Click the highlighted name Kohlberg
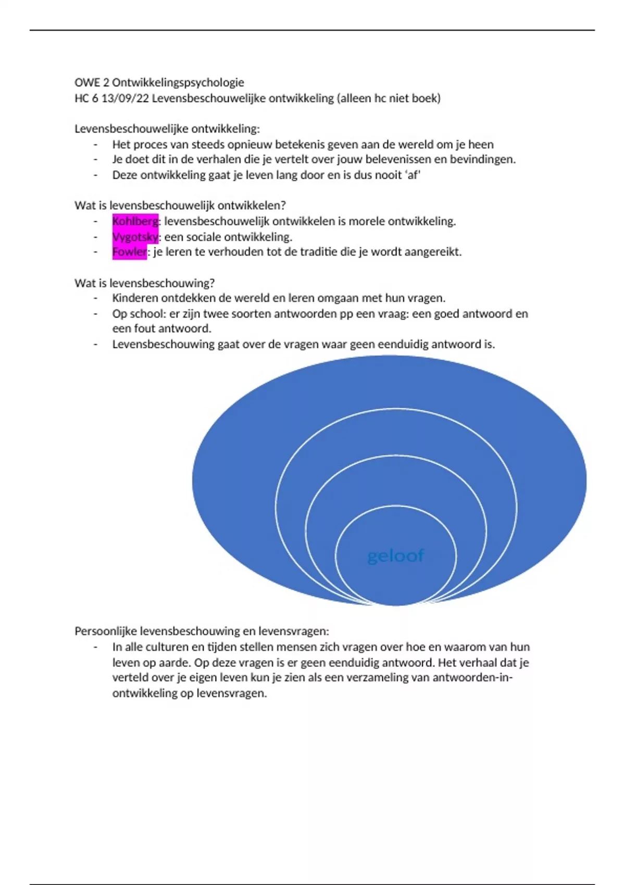click(135, 221)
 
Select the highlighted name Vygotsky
click(135, 237)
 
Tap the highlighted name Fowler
click(129, 252)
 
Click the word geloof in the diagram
click(396, 556)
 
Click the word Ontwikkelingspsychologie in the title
click(178, 82)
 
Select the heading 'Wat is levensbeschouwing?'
click(144, 283)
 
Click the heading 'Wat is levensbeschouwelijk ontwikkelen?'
click(180, 206)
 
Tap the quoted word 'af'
click(413, 175)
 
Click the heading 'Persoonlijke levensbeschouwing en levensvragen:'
click(202, 631)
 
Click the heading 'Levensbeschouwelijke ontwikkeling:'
click(167, 129)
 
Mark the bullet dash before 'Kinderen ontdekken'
click(96, 298)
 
